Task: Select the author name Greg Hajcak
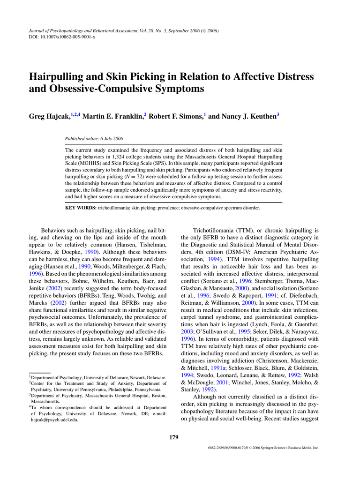coord(50,116)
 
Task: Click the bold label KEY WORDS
coord(80,208)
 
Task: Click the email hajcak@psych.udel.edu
coord(54,420)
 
